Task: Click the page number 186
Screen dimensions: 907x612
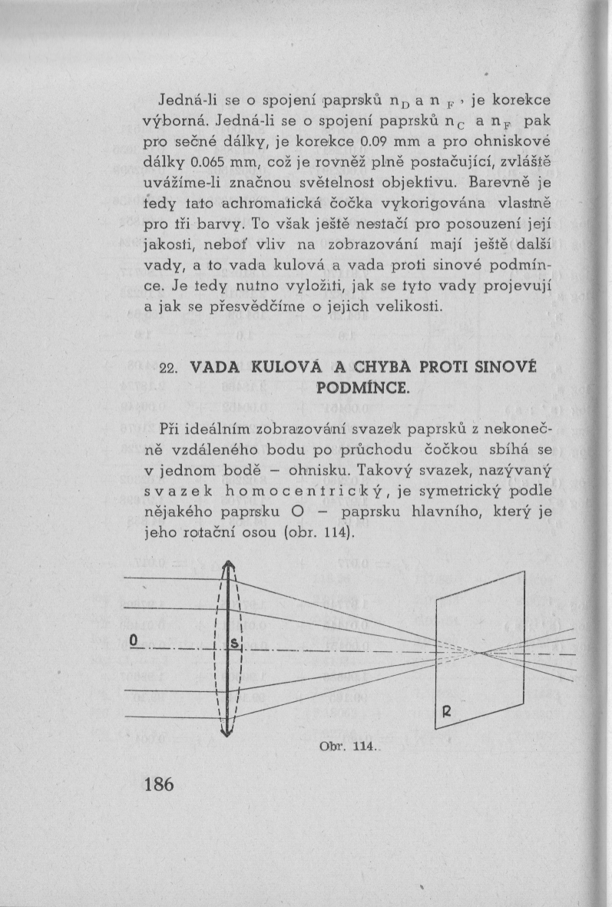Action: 159,784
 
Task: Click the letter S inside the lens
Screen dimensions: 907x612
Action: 234,643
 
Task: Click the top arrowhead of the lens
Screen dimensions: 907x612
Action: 227,566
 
